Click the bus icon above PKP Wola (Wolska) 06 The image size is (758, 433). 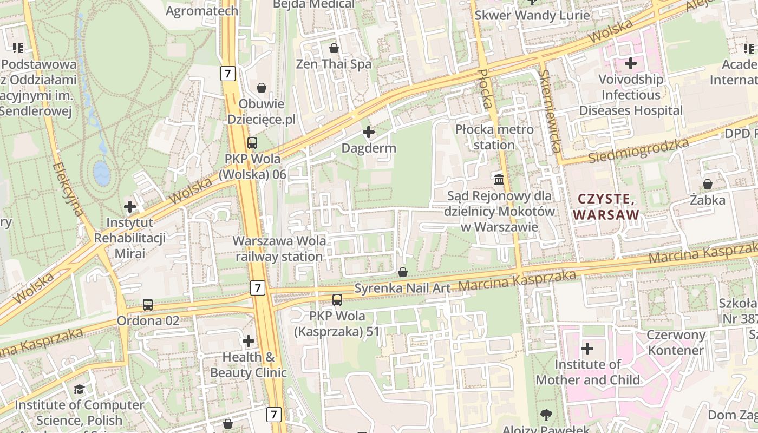coord(252,143)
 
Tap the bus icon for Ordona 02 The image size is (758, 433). coord(148,305)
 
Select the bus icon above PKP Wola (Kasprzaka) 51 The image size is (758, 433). coord(337,299)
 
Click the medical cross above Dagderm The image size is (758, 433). coord(369,132)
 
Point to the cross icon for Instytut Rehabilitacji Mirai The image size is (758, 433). coord(130,206)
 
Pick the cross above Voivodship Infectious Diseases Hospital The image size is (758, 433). coord(631,63)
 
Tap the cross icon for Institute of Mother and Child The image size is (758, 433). coord(587,348)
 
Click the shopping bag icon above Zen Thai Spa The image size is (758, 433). coord(334,48)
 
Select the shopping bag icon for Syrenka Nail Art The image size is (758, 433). coord(402,272)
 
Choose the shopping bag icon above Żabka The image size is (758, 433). coord(708,184)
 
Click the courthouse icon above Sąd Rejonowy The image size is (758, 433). coord(499,179)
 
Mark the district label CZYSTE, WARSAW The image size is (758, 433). coord(606,207)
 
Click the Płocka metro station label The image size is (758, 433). coord(494,137)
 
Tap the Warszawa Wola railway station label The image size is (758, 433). coord(279,248)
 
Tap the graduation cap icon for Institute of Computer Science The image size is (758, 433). coord(80,389)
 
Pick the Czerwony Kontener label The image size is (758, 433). coord(676,342)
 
